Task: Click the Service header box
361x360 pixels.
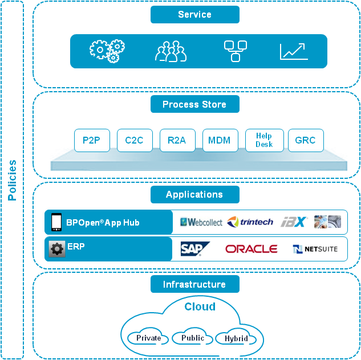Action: (x=194, y=15)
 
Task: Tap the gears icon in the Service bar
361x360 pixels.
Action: (x=107, y=51)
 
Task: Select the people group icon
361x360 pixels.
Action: (x=171, y=51)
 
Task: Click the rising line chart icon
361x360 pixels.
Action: (x=294, y=51)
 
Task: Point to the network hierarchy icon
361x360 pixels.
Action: (x=235, y=51)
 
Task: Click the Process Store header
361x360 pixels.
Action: (x=194, y=104)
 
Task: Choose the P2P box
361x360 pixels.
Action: (x=91, y=140)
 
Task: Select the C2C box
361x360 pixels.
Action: (x=134, y=140)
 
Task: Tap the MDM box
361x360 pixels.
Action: (x=220, y=140)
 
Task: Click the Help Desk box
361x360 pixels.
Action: (x=264, y=140)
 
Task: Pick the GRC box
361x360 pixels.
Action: (x=306, y=140)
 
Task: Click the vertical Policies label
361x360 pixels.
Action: (x=12, y=180)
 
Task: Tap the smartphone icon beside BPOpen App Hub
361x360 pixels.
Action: (x=56, y=222)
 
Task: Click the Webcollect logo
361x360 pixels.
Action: (x=201, y=222)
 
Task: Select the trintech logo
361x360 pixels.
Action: (x=250, y=222)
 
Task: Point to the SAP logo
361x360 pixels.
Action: (x=194, y=249)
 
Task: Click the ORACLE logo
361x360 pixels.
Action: (x=251, y=249)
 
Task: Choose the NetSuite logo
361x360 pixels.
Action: (x=315, y=249)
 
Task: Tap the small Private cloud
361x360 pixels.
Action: (x=148, y=338)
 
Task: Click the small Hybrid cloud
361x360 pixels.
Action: (x=236, y=339)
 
